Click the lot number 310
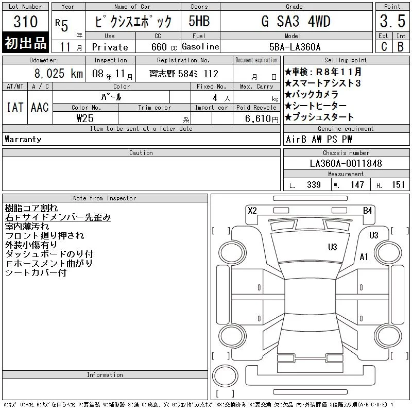[25, 21]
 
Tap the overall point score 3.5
[392, 21]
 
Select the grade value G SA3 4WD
[296, 21]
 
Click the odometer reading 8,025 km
[59, 73]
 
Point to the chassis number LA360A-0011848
[346, 163]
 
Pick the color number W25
[85, 118]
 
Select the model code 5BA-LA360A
[295, 47]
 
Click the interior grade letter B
[401, 47]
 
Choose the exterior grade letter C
[384, 47]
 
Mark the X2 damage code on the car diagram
[252, 211]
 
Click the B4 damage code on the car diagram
[367, 211]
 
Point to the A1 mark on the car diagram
[364, 256]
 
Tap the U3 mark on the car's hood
[332, 247]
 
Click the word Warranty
[23, 139]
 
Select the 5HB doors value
[199, 21]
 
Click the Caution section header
[141, 152]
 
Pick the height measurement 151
[398, 185]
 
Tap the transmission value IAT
[15, 107]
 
